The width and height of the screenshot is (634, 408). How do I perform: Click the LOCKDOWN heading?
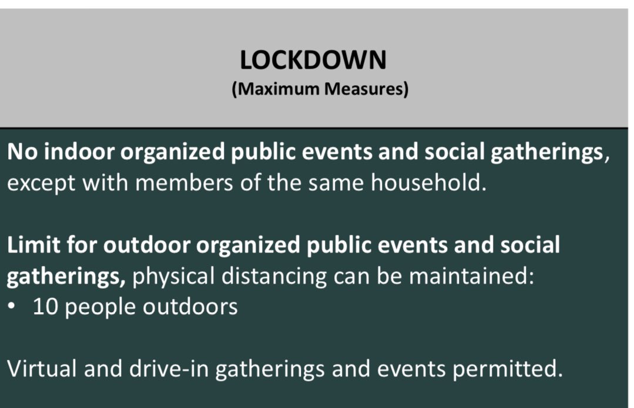click(313, 60)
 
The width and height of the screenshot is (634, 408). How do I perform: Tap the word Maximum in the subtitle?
click(272, 90)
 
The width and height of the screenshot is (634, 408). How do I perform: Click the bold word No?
click(21, 153)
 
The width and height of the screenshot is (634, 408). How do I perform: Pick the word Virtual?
click(41, 369)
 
